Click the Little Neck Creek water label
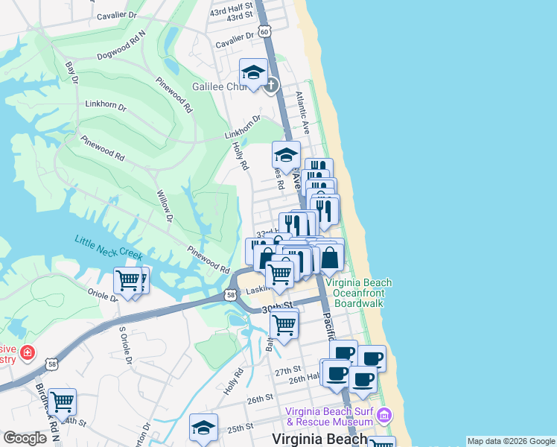click(x=108, y=247)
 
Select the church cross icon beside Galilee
click(x=271, y=84)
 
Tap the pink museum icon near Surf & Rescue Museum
click(x=385, y=414)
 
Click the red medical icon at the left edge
click(x=28, y=352)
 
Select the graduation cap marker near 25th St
click(x=203, y=428)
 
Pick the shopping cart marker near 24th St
click(x=62, y=402)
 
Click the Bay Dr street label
click(x=71, y=72)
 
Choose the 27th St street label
click(x=287, y=370)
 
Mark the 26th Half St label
click(x=304, y=380)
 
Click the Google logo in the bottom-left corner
click(x=25, y=438)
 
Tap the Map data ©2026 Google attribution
click(x=511, y=441)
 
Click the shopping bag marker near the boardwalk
click(x=330, y=258)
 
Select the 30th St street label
click(x=276, y=307)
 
